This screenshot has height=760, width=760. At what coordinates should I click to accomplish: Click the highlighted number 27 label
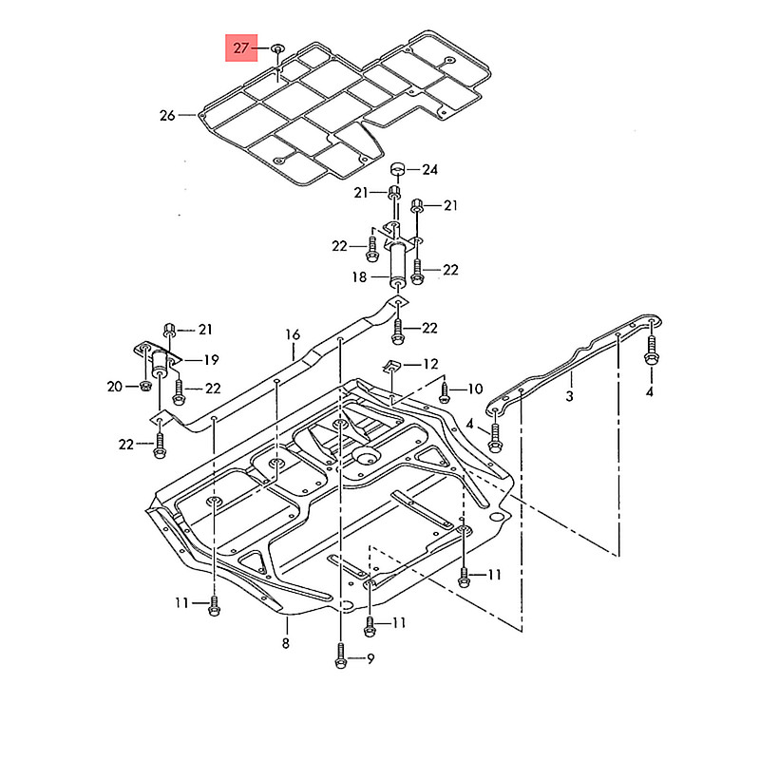240,47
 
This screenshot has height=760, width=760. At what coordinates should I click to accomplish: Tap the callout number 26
167,116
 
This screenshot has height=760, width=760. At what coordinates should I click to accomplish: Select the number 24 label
430,170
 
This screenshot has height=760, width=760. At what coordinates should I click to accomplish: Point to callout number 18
359,276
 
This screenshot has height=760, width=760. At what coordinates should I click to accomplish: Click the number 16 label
292,334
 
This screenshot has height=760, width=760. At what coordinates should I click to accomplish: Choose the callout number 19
210,360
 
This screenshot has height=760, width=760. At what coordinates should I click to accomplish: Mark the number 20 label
114,386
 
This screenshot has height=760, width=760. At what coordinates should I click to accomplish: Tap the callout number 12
430,364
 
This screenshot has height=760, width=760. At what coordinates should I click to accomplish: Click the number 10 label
474,389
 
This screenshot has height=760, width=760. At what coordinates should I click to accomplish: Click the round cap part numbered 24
399,170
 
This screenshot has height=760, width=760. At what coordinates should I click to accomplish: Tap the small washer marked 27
276,47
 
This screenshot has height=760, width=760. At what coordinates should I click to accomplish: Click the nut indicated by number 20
144,386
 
